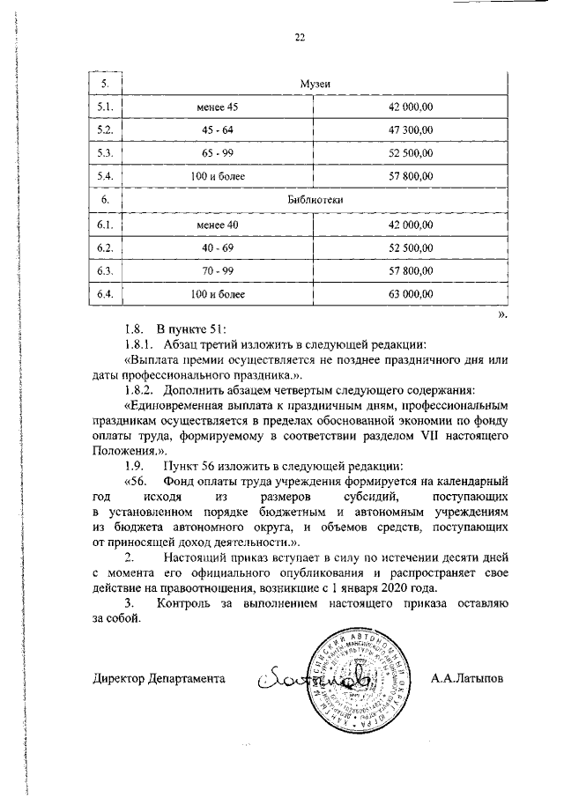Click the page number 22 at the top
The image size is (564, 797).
[x=299, y=37]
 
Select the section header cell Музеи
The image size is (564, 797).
[x=315, y=84]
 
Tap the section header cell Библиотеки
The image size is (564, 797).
[x=315, y=201]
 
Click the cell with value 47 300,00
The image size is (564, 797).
[x=411, y=130]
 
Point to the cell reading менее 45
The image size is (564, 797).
[x=218, y=107]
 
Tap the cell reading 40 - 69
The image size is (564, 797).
[x=218, y=247]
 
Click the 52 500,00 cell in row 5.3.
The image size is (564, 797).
[x=411, y=154]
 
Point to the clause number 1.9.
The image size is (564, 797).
[x=135, y=464]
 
